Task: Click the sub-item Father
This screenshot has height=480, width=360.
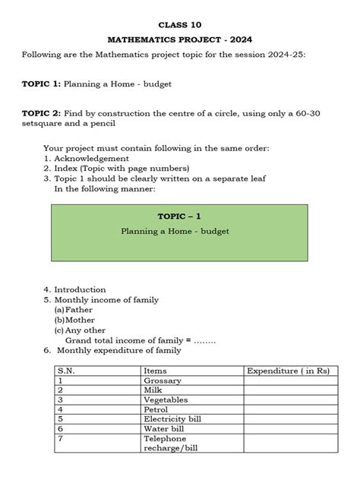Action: click(x=79, y=310)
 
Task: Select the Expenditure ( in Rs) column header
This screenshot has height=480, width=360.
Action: click(x=287, y=370)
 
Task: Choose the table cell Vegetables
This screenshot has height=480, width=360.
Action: click(x=165, y=399)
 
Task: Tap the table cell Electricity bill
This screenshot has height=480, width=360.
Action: click(x=171, y=419)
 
